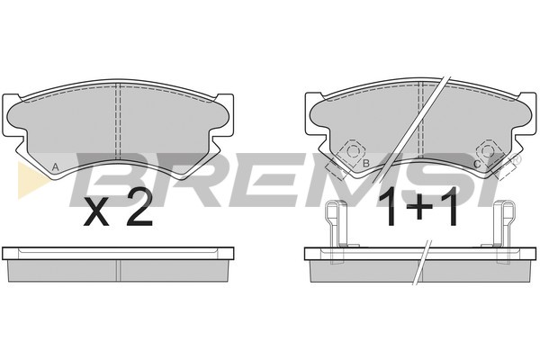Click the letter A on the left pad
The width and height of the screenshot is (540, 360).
55,167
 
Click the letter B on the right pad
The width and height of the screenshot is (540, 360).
365,164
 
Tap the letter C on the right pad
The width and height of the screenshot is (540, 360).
477,165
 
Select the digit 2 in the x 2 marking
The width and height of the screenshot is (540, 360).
139,207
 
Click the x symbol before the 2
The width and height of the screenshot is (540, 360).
96,214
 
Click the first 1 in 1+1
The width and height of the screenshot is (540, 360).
391,206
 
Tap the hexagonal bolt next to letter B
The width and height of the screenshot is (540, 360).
352,151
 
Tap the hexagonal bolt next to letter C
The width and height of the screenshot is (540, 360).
487,151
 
